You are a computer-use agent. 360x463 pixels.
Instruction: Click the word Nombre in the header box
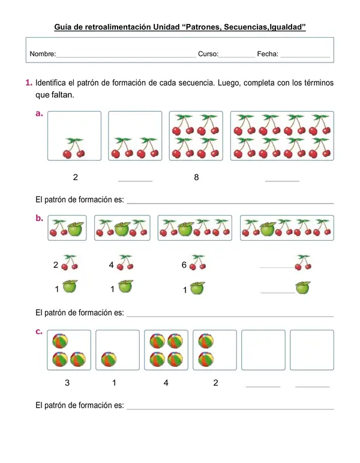[43, 53]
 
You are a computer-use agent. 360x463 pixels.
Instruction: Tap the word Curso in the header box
[208, 53]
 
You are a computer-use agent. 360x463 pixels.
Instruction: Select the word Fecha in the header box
[268, 53]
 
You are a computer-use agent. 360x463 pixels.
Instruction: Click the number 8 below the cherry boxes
[196, 177]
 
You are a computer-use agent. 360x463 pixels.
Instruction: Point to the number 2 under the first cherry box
[76, 177]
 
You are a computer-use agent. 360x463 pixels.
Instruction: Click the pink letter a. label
[39, 113]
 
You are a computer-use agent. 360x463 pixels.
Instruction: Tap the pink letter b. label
[39, 218]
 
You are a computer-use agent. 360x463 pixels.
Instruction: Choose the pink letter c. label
[39, 331]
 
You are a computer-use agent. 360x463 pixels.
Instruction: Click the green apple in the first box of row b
[75, 229]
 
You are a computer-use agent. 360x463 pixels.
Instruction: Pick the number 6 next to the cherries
[184, 265]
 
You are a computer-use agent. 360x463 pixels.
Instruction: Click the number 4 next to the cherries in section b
[111, 265]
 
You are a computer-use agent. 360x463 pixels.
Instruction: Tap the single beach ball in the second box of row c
[109, 359]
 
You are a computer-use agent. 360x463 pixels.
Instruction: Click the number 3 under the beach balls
[67, 383]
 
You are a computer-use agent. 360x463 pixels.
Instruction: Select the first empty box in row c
[263, 350]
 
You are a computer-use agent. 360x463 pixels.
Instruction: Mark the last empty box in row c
[312, 350]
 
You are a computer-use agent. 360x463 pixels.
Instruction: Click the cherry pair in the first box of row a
[74, 148]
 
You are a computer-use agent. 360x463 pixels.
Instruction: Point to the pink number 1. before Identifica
[29, 83]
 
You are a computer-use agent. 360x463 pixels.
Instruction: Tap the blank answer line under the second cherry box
[135, 181]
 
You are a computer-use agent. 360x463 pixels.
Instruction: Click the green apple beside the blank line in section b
[303, 288]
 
